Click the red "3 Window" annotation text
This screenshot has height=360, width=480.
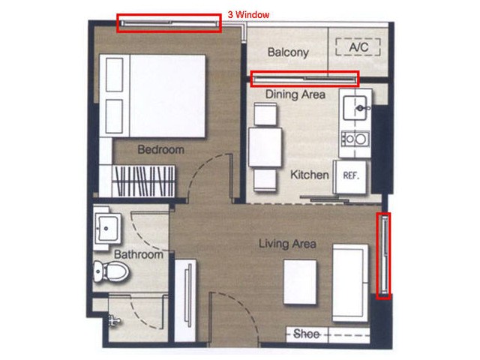pos(248,15)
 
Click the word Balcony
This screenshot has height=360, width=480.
pos(288,52)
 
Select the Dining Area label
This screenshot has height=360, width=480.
pos(295,94)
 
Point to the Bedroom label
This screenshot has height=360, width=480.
pos(160,149)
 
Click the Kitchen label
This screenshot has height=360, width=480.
pos(310,175)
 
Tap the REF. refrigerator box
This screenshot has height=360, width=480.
pos(349,177)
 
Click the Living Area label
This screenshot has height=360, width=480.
pos(287,244)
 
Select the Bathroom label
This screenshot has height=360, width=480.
pos(138,254)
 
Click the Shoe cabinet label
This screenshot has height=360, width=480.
pos(306,334)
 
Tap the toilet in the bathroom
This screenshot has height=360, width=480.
pos(111,271)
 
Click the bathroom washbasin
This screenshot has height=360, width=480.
pos(106,228)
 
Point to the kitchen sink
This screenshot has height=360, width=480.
pos(355,108)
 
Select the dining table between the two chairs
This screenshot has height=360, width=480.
pos(265,147)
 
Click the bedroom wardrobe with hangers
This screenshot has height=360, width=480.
pos(143,181)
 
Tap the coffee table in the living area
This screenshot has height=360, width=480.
pos(300,282)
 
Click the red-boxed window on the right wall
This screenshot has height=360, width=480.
pos(383,256)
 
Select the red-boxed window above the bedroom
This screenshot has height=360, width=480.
pos(169,23)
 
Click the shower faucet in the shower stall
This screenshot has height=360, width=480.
pos(113,320)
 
